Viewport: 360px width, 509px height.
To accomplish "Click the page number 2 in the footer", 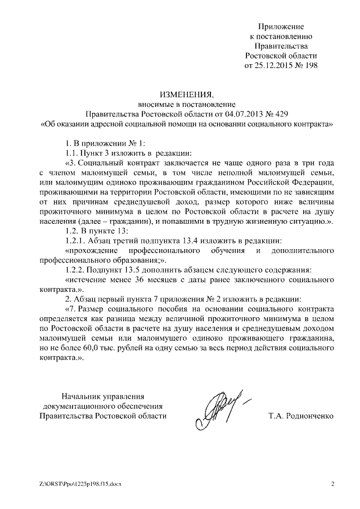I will [x=332, y=484].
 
